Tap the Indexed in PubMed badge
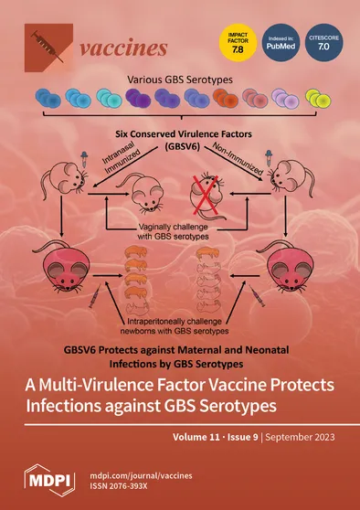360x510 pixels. pos(280,43)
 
